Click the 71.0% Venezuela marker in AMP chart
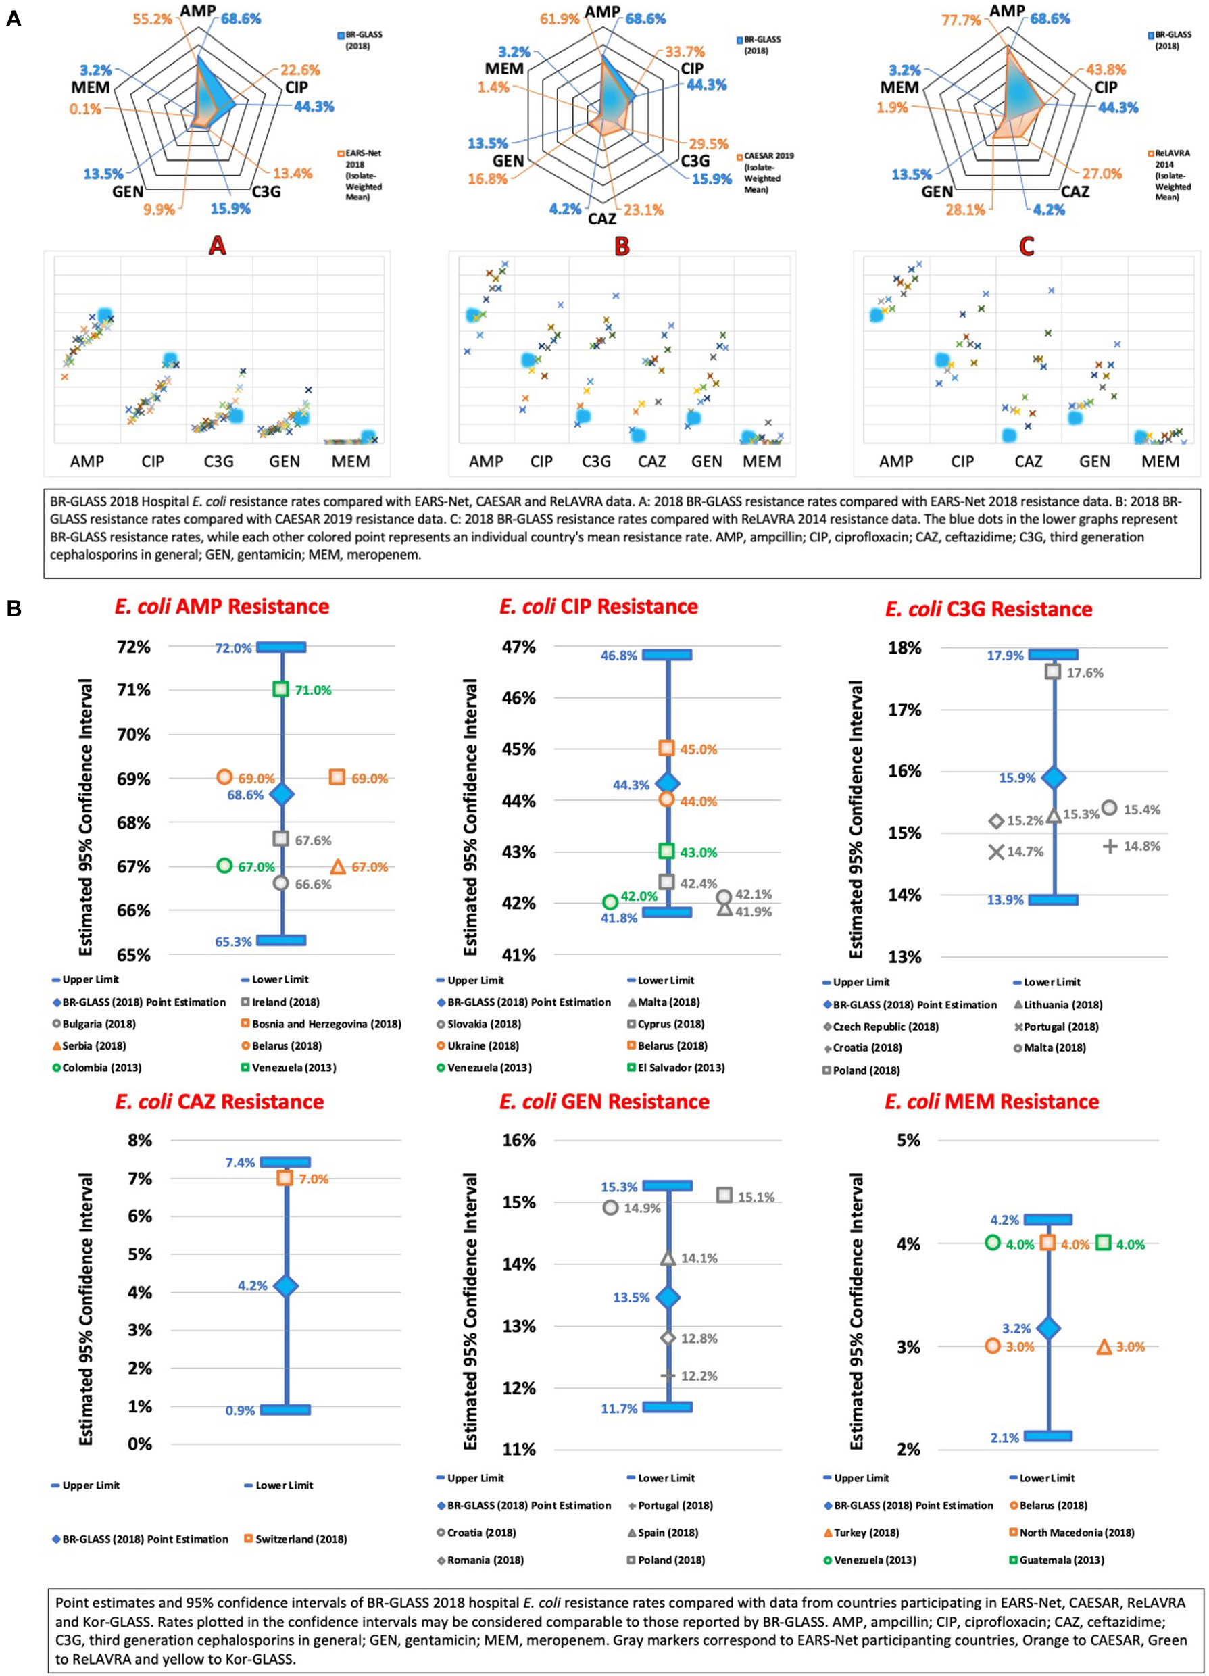(280, 689)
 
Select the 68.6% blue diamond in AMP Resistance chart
(281, 794)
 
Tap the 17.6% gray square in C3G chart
(1053, 672)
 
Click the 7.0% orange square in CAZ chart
(285, 1178)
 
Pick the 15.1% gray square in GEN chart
(724, 1195)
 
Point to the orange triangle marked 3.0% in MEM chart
(1104, 1346)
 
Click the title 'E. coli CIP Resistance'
(599, 607)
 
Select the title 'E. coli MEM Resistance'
(992, 1102)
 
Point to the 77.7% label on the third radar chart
(962, 20)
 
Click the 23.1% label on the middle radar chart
(643, 210)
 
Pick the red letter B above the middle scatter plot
(622, 246)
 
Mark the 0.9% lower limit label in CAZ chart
(240, 1410)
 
